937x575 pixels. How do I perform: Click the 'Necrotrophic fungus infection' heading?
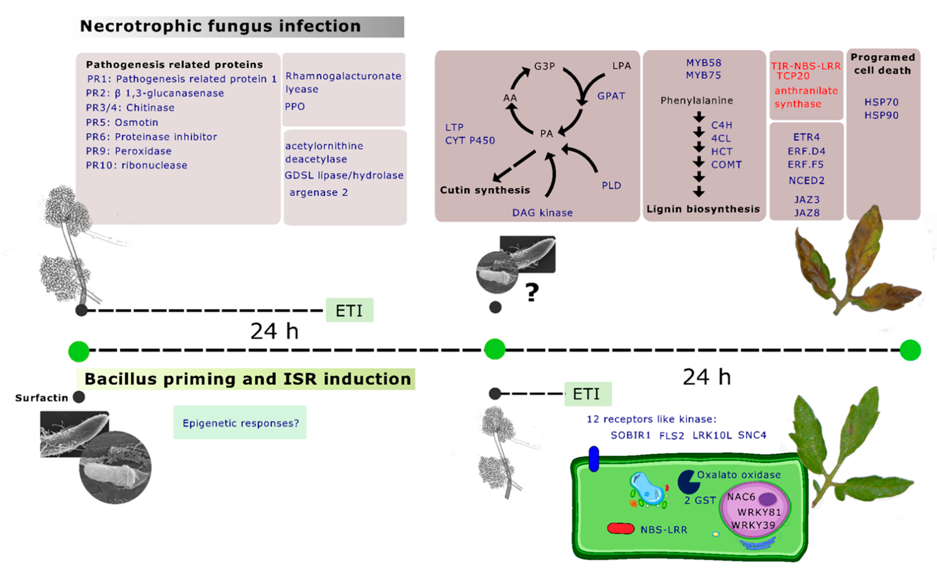pyautogui.click(x=221, y=26)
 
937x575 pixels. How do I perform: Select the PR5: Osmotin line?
pyautogui.click(x=122, y=122)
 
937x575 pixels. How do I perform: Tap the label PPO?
pyautogui.click(x=295, y=107)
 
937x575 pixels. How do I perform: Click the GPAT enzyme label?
pyautogui.click(x=611, y=96)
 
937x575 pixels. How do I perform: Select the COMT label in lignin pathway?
pyautogui.click(x=726, y=165)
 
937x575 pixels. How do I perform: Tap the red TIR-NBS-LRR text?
pyautogui.click(x=806, y=66)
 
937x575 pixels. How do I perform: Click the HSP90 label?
pyautogui.click(x=881, y=115)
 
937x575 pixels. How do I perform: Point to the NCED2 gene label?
pyautogui.click(x=806, y=181)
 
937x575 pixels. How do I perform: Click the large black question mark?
pyautogui.click(x=532, y=292)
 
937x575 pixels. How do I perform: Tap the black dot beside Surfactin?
pyautogui.click(x=79, y=397)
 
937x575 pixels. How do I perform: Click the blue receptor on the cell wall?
pyautogui.click(x=594, y=459)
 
